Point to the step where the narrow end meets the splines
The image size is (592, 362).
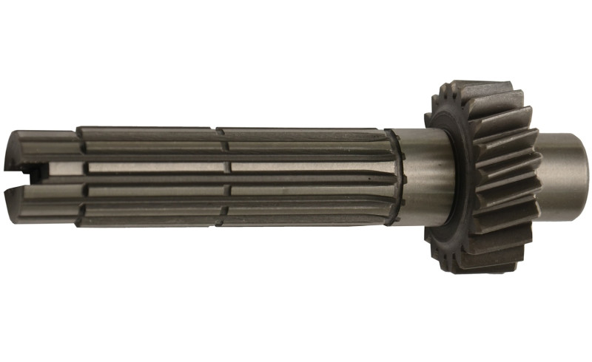[78, 176]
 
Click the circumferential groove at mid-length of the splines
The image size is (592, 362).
[221, 176]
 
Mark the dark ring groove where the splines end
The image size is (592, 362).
[400, 177]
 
